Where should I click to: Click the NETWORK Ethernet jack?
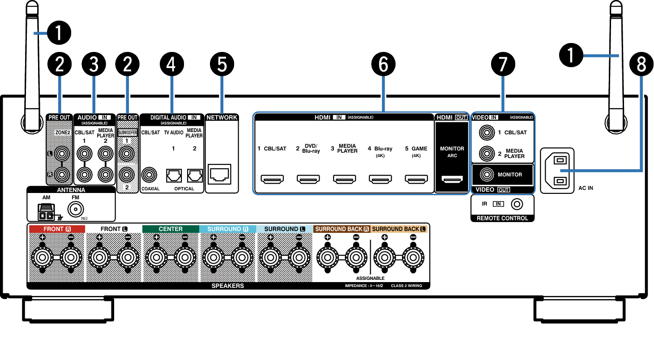220,175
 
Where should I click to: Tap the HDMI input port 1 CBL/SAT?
272,180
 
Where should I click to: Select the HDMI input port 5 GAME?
416,180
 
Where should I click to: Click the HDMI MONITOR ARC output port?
452,180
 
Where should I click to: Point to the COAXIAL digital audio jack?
149,175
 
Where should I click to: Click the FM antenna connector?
76,209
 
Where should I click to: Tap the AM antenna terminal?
46,213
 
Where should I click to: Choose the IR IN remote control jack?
517,204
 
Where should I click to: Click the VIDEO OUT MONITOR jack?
486,174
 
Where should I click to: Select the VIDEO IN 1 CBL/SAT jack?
486,132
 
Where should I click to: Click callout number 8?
641,65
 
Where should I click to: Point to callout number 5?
222,65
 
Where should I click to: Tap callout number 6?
383,65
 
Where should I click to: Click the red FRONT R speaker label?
56,229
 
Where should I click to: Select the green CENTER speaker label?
171,229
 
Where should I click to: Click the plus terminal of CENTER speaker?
156,257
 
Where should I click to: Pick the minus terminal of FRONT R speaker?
71,257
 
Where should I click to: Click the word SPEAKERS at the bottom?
228,286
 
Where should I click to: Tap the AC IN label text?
586,188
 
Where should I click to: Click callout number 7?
503,65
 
